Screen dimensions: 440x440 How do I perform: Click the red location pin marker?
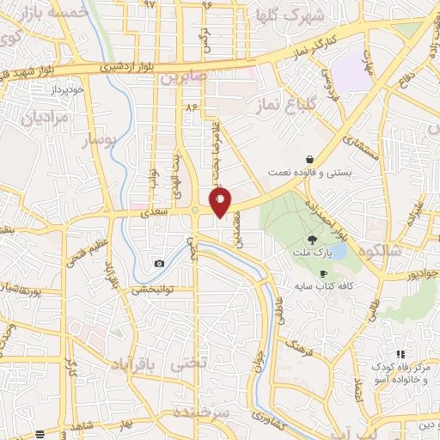[221, 202]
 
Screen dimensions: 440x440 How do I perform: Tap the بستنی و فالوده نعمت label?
[319, 173]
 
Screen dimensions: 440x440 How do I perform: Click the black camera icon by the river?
[159, 263]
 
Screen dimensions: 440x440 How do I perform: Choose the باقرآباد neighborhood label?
[137, 364]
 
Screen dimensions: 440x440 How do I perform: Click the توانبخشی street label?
[151, 290]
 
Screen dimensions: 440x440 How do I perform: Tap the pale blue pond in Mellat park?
[337, 252]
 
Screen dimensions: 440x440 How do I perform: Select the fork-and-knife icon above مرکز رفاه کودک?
[400, 354]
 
